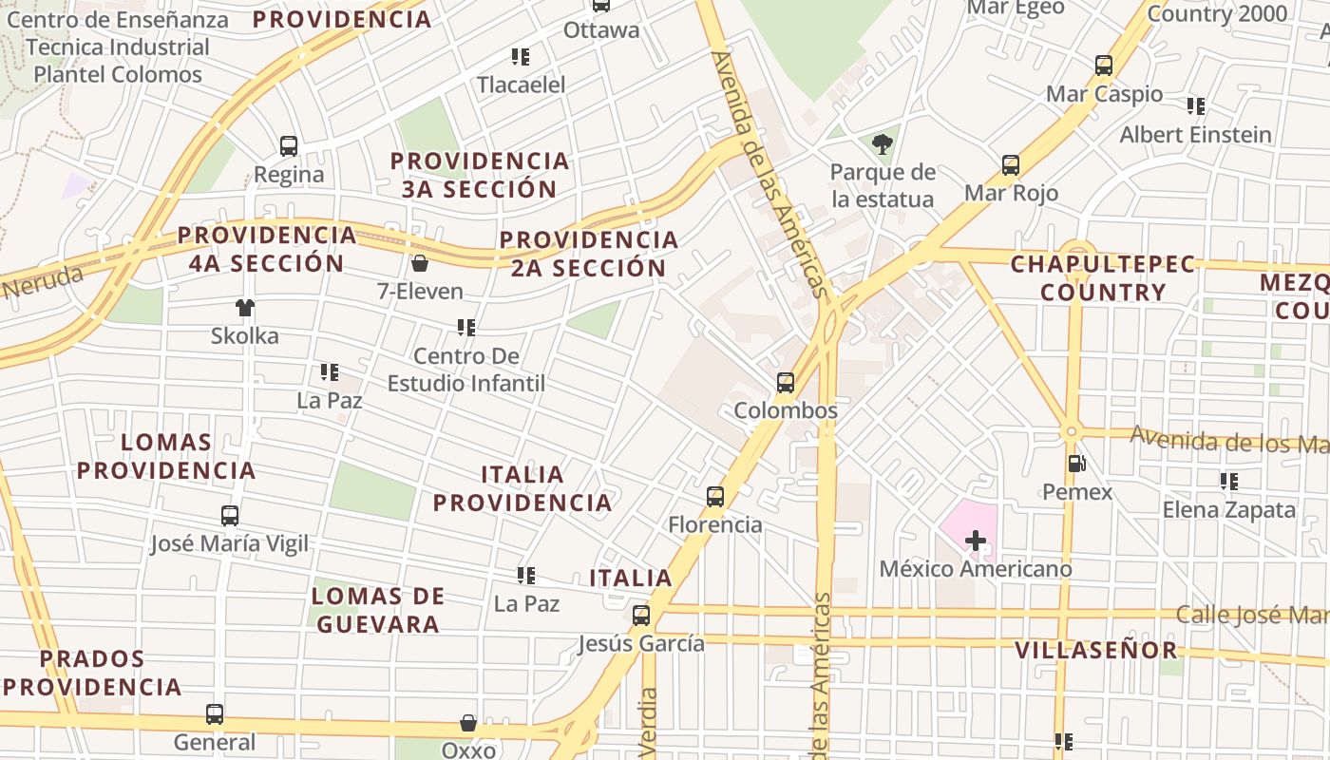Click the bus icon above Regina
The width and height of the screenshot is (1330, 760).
(x=289, y=146)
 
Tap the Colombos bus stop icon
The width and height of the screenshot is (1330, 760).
(x=786, y=383)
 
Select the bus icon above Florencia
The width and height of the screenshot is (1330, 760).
(x=715, y=496)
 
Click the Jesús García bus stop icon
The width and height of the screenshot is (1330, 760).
(x=641, y=616)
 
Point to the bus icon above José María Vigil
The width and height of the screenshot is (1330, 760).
(x=230, y=516)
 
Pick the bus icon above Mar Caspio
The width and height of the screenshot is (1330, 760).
(x=1104, y=66)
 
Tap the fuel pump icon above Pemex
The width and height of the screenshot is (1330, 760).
(x=1077, y=464)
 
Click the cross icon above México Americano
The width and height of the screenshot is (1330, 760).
(x=976, y=541)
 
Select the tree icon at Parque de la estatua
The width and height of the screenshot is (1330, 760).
(x=883, y=144)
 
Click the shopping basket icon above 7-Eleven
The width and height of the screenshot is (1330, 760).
(x=419, y=263)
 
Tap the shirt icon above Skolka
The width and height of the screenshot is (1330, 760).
(x=245, y=307)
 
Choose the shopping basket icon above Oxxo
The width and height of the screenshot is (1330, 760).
(x=468, y=723)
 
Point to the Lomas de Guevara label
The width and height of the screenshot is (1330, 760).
(x=378, y=610)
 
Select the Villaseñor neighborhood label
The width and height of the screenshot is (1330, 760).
(x=1096, y=651)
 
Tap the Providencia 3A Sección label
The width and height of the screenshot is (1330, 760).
(x=480, y=175)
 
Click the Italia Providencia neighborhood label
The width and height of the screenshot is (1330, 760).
(x=522, y=488)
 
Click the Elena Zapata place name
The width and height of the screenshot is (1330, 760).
(x=1229, y=510)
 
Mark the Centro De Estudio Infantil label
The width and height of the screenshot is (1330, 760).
(x=466, y=370)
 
